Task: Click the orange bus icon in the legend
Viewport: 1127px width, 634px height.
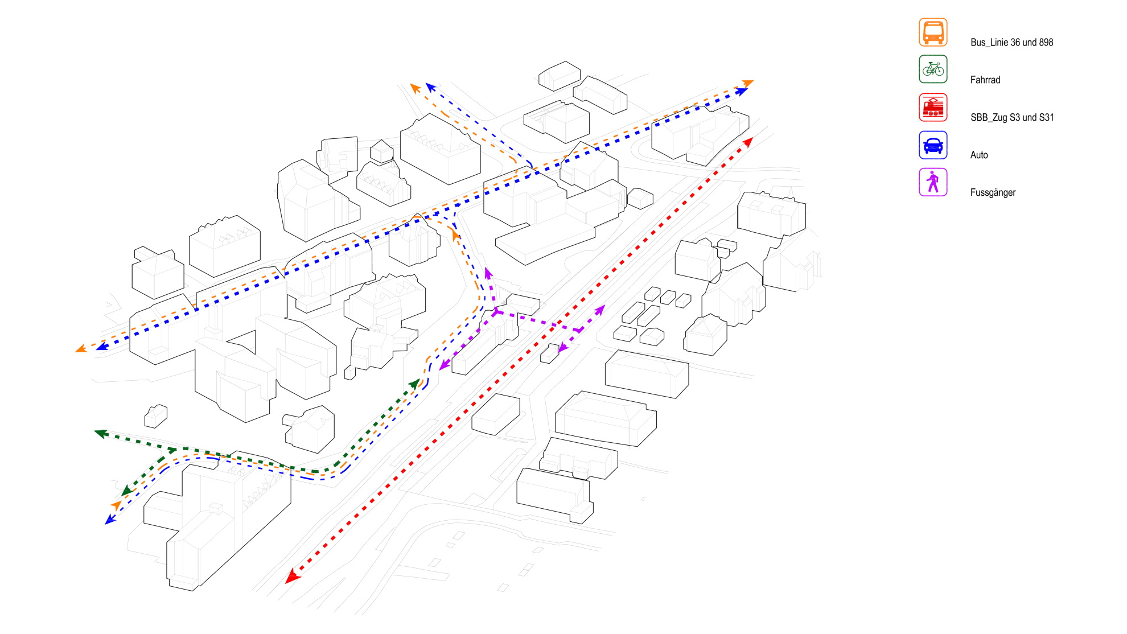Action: tap(933, 32)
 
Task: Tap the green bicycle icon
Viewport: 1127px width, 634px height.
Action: tap(933, 69)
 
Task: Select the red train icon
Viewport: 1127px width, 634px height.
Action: tap(933, 107)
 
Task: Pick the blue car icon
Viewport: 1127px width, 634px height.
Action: tap(933, 145)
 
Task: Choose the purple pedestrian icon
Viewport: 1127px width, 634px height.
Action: tap(933, 182)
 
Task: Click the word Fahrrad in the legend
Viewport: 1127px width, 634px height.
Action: tap(985, 80)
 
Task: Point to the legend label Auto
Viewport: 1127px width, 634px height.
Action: tap(979, 155)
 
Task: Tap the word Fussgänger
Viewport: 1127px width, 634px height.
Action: tap(993, 192)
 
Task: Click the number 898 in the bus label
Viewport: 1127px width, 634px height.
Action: tap(1046, 42)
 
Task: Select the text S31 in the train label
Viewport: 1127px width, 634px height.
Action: tap(1047, 117)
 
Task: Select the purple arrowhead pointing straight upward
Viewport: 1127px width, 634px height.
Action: tap(488, 273)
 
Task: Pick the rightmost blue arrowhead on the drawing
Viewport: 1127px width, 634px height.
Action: tap(742, 92)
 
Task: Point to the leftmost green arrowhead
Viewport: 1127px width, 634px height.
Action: tap(101, 434)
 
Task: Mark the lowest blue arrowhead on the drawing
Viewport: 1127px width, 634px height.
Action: tap(110, 519)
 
